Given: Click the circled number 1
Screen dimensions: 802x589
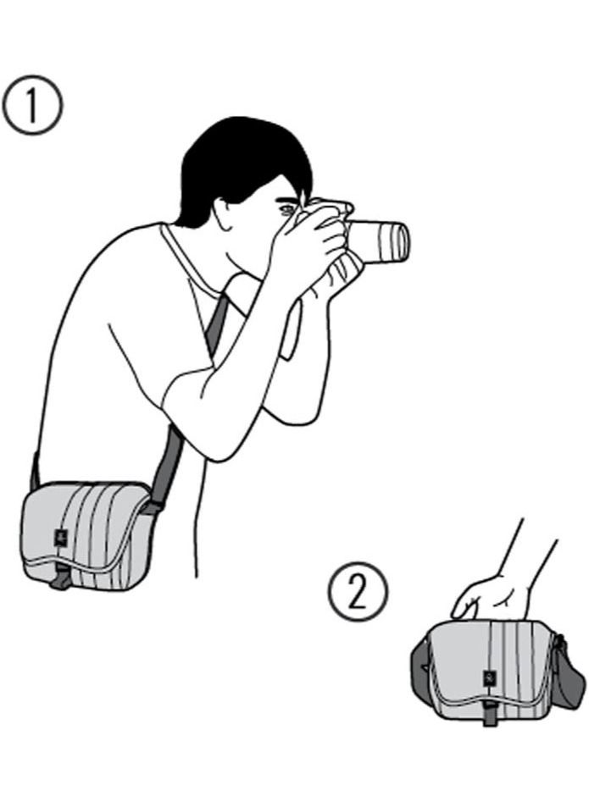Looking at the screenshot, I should (32, 105).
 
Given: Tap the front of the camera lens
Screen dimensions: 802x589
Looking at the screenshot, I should (398, 241).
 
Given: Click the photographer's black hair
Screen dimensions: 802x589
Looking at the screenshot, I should (237, 161).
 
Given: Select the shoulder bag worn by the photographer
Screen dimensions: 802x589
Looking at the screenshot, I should (85, 534).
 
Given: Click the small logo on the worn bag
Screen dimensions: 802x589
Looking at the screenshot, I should (60, 536).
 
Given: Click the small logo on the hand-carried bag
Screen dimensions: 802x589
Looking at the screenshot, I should (490, 678).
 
